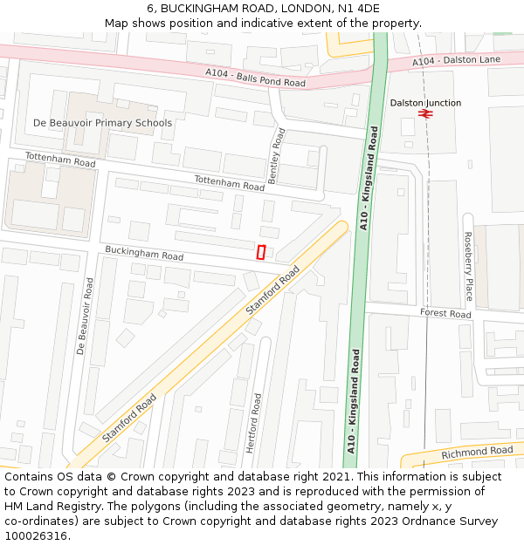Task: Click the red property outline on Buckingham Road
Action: coord(261,252)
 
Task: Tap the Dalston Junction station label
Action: coord(425,103)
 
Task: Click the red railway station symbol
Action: coord(425,113)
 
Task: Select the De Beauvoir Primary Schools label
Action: coord(102,123)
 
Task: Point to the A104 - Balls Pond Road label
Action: coord(255,78)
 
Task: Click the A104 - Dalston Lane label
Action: coord(456,59)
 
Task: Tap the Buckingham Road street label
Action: coord(144,254)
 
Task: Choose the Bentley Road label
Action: coord(276,155)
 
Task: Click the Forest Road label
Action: coord(445,313)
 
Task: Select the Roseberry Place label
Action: coord(468,266)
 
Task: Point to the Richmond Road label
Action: coord(477,452)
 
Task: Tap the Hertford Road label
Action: coord(252,423)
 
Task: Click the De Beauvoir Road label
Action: coord(83,316)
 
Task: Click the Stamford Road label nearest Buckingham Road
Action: coord(272,290)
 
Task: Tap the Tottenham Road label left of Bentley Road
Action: coord(229,183)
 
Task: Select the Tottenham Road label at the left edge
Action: coord(60,160)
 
